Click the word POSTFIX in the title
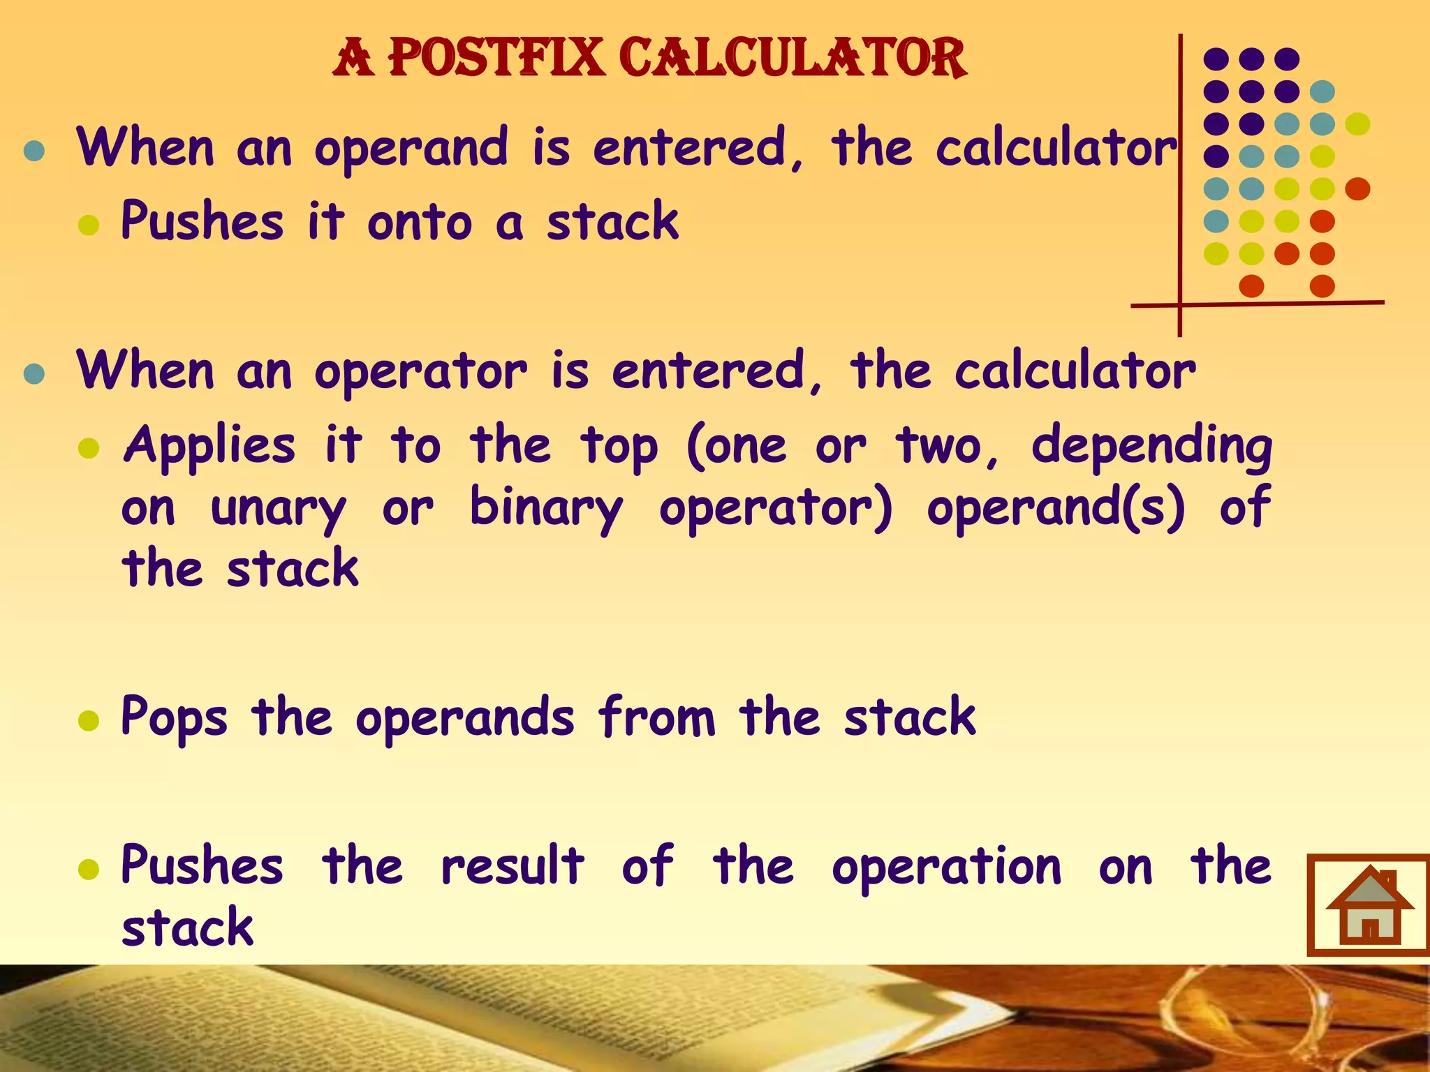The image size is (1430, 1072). click(496, 57)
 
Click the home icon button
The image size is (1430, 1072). click(1369, 904)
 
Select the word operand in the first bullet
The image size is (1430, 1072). click(411, 149)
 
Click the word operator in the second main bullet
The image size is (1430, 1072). click(420, 371)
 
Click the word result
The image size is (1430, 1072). click(513, 866)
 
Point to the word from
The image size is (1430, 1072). click(657, 717)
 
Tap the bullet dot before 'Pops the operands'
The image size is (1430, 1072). click(89, 720)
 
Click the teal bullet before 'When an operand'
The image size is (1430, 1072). click(34, 151)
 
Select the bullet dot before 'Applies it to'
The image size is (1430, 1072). click(89, 448)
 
